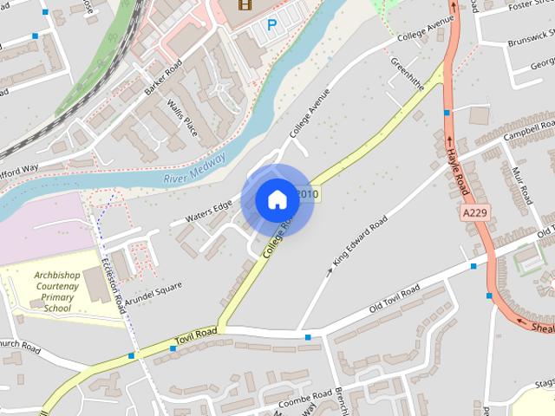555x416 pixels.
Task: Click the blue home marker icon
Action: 277,199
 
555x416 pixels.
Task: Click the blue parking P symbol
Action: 271,26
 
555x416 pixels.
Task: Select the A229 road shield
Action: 474,212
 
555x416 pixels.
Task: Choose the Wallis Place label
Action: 183,117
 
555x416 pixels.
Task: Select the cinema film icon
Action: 245,4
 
